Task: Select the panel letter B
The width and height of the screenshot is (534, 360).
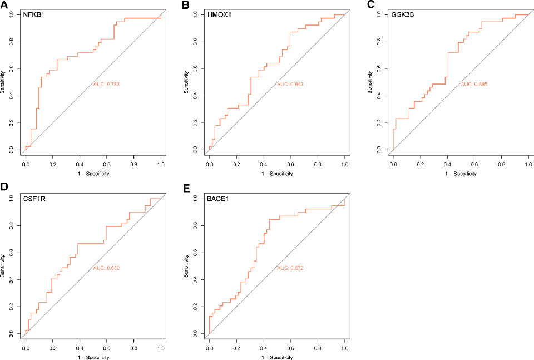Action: (x=186, y=5)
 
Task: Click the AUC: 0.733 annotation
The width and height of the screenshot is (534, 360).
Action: (x=107, y=84)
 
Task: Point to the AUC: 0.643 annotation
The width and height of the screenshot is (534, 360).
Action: (x=290, y=84)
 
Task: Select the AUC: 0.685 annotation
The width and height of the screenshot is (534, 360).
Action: (x=474, y=84)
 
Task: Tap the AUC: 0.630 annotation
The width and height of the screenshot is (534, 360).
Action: (x=107, y=268)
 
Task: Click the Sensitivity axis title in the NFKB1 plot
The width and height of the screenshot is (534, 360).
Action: (x=3, y=82)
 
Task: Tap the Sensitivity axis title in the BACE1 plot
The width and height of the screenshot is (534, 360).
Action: (x=186, y=265)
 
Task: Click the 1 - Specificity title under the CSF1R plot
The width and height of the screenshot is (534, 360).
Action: (x=93, y=357)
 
